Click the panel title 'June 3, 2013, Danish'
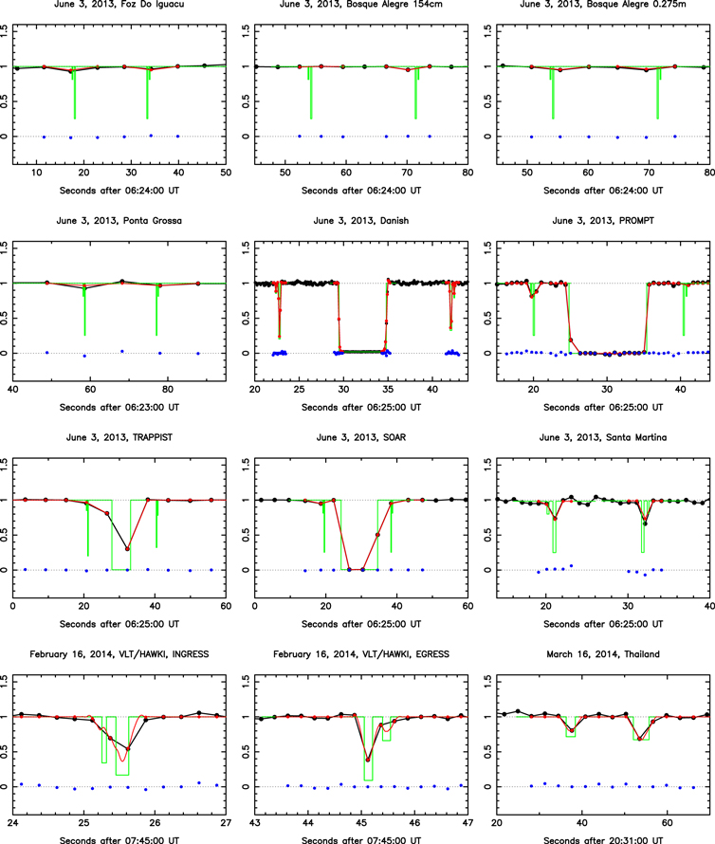(x=360, y=221)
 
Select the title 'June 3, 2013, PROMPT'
(x=603, y=221)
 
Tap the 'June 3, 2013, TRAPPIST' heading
(x=119, y=437)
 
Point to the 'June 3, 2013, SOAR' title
(x=360, y=437)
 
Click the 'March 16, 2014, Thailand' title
(x=603, y=654)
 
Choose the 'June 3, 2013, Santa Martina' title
(x=603, y=437)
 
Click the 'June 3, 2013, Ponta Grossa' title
(x=119, y=221)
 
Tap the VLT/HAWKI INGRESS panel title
(x=119, y=654)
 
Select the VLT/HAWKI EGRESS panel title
(x=360, y=654)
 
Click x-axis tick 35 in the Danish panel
(x=388, y=389)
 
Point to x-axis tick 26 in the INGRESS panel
(x=155, y=823)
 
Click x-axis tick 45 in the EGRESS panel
(x=361, y=823)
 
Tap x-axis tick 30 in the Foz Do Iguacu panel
(x=131, y=173)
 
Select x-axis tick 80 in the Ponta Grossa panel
(x=168, y=389)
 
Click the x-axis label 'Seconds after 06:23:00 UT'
(x=119, y=408)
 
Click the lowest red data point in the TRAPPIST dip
(x=127, y=549)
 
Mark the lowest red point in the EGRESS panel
(x=368, y=760)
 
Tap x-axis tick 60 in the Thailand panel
(x=667, y=823)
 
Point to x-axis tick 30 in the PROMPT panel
(x=607, y=389)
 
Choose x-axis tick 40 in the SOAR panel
(x=396, y=606)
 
